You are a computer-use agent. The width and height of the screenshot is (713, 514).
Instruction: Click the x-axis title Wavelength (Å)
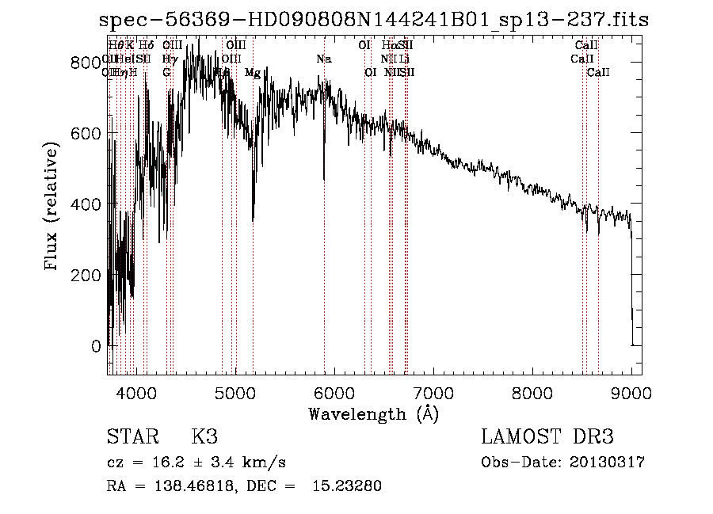pos(373,413)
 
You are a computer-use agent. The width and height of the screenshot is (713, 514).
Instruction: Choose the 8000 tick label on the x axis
pos(532,392)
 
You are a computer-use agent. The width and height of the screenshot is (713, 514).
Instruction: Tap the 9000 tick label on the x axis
pos(631,392)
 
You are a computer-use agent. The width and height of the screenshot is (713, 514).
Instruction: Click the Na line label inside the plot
pos(323,59)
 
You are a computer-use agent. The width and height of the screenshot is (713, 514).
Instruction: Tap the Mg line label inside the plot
pos(253,73)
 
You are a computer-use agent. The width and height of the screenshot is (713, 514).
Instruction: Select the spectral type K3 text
pos(204,437)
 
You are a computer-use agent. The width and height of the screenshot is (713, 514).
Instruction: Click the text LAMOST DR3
pos(547,437)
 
